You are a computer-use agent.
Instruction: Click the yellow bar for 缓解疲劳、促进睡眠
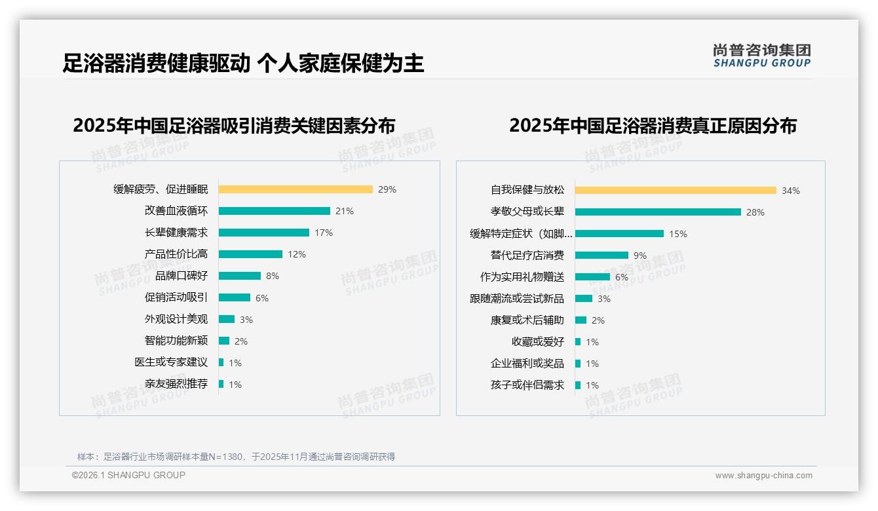click(x=295, y=189)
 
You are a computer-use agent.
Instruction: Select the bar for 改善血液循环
click(x=274, y=211)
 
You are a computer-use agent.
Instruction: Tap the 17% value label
click(x=324, y=233)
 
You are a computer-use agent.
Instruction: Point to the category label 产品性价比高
click(x=176, y=254)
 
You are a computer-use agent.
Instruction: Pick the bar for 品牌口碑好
click(x=239, y=276)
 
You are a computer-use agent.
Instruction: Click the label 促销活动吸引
click(x=176, y=297)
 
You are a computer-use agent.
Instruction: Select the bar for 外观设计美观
click(x=226, y=319)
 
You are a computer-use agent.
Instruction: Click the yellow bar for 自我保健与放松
click(x=676, y=190)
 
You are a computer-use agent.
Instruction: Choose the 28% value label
click(x=755, y=212)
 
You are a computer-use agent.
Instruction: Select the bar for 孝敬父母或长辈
click(x=658, y=212)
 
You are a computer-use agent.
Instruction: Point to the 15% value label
click(x=678, y=234)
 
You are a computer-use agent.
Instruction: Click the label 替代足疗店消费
click(x=527, y=255)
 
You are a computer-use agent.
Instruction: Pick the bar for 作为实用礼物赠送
click(x=592, y=276)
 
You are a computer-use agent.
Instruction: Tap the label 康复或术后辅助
click(x=527, y=320)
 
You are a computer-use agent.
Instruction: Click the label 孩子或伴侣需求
click(x=527, y=385)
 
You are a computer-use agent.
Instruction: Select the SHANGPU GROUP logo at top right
click(x=761, y=56)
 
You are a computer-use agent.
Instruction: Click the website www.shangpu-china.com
click(x=763, y=476)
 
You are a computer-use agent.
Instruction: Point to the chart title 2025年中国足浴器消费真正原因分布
click(x=653, y=126)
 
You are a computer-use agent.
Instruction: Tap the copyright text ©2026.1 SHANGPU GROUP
click(x=128, y=475)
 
